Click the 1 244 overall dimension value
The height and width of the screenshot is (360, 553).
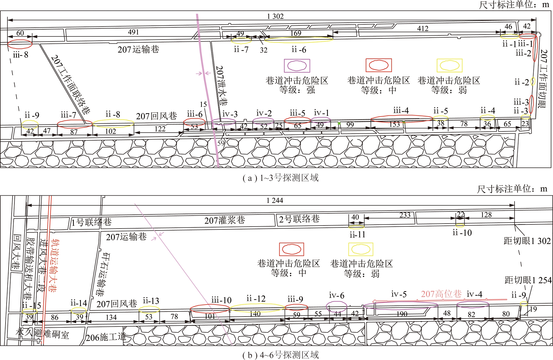point(275,200)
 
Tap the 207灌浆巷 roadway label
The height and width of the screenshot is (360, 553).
point(225,220)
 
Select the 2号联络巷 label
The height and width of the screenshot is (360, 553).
point(299,219)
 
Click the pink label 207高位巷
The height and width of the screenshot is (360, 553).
point(441,294)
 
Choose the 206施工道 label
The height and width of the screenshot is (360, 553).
point(106,337)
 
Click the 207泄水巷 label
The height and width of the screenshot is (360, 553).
point(221,86)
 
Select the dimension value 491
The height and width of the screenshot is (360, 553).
point(133,32)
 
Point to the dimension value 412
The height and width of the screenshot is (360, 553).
point(423,29)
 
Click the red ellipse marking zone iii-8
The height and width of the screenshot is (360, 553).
point(20,44)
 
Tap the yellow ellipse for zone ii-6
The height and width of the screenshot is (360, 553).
point(299,40)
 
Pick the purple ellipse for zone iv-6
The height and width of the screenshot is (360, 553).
point(336,306)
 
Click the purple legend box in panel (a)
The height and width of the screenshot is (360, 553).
point(297,66)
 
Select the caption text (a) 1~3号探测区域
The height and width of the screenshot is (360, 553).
point(281,178)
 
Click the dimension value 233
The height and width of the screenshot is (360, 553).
point(405,215)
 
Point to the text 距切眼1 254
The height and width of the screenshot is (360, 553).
point(528,280)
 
